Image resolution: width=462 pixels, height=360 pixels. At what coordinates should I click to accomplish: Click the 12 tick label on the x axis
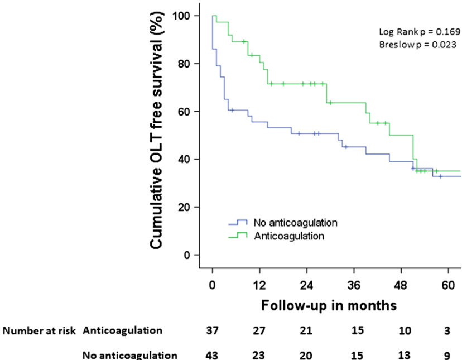pyautogui.click(x=259, y=285)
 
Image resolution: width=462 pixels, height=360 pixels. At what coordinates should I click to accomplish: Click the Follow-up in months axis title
pyautogui.click(x=329, y=305)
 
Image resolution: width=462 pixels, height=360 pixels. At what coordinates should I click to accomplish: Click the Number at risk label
pyautogui.click(x=40, y=330)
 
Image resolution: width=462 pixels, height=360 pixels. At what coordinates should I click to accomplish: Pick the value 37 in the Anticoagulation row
pyautogui.click(x=213, y=330)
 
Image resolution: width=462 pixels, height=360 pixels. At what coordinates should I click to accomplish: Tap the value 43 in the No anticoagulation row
pyautogui.click(x=213, y=354)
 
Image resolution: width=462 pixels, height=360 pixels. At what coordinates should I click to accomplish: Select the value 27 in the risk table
pyautogui.click(x=259, y=330)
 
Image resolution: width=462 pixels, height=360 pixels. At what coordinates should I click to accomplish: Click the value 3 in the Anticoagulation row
pyautogui.click(x=447, y=330)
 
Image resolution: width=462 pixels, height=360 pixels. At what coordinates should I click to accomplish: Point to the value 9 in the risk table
pyautogui.click(x=447, y=354)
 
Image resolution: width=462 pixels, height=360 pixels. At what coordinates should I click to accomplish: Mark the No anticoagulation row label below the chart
pyautogui.click(x=130, y=354)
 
